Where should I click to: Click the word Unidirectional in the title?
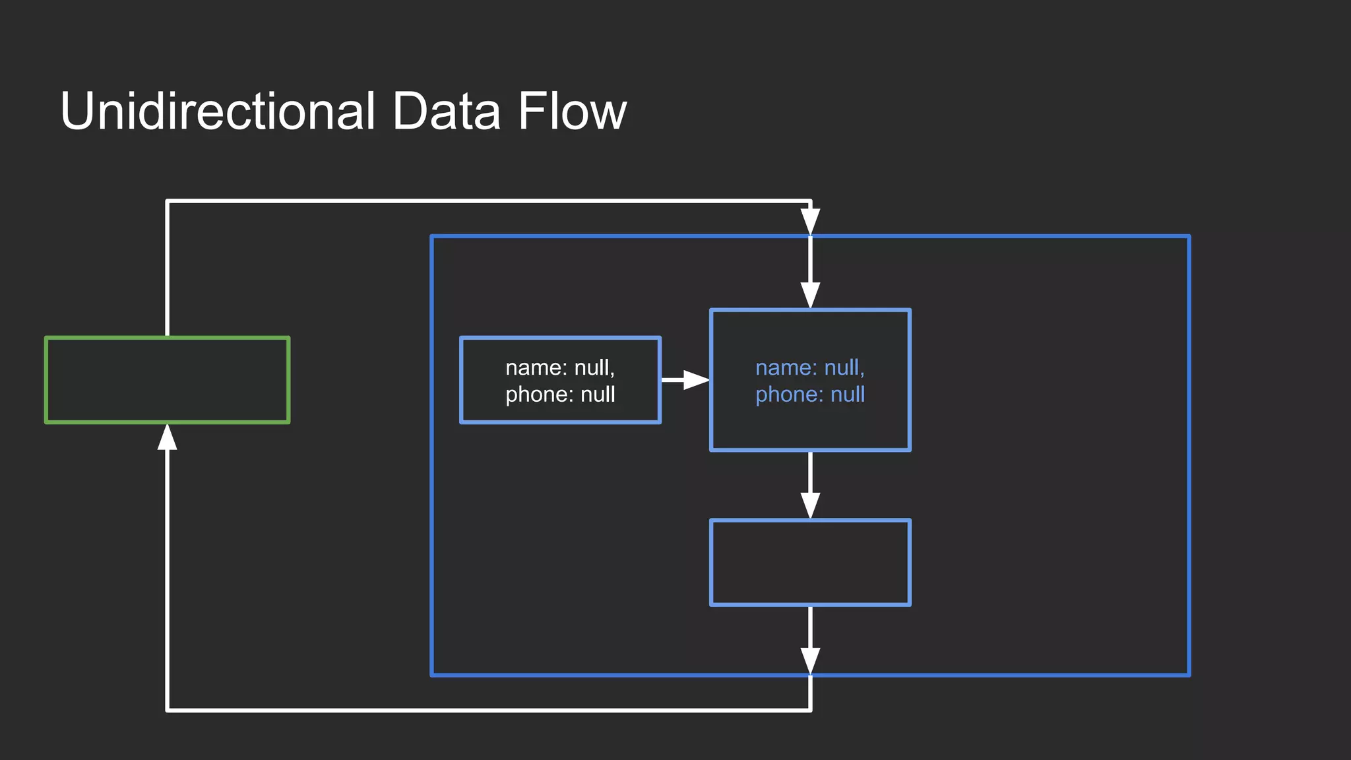click(x=218, y=111)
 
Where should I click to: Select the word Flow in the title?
click(x=571, y=111)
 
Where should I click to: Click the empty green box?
click(x=167, y=380)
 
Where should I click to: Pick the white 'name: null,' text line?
click(x=560, y=367)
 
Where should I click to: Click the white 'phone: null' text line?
click(x=560, y=395)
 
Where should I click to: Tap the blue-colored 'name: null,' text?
click(x=809, y=367)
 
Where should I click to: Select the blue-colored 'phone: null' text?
click(x=809, y=395)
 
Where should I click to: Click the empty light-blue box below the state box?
click(x=810, y=562)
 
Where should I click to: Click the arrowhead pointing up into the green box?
click(x=168, y=437)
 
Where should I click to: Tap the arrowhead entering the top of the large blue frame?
click(x=810, y=222)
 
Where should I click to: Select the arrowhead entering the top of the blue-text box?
click(x=810, y=296)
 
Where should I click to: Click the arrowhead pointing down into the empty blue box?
click(x=810, y=505)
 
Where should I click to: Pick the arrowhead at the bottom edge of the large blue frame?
click(x=810, y=661)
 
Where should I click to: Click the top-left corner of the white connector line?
click(x=168, y=201)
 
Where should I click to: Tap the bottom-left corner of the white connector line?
click(x=168, y=710)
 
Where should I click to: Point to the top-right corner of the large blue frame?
click(x=1189, y=236)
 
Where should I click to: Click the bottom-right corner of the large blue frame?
click(x=1189, y=675)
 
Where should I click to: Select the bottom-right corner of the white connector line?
click(x=810, y=710)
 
